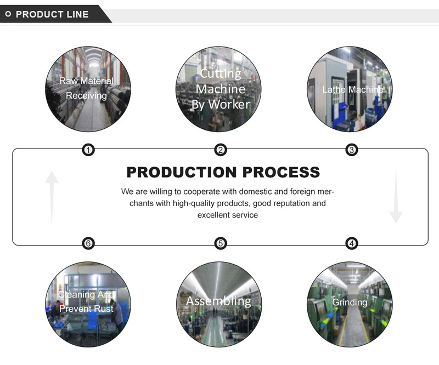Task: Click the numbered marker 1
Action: pos(88,150)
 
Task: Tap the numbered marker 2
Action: pos(221,150)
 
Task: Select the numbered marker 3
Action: pos(352,150)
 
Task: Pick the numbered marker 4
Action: pos(352,243)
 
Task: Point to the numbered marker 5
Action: pos(221,243)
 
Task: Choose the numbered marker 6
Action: pos(88,243)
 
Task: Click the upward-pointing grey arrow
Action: pos(52,197)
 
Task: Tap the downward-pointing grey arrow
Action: pos(396,197)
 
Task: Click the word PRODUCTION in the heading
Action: pos(182,172)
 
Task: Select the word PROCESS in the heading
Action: pos(281,172)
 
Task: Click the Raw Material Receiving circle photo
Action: pos(88,89)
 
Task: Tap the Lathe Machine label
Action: pos(352,89)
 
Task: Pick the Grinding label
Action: pos(350,303)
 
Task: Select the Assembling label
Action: pos(218,301)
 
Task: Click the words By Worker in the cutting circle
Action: pos(221,105)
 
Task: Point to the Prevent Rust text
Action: pos(87,309)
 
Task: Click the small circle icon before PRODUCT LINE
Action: pos(8,14)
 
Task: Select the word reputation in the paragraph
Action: pos(291,203)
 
